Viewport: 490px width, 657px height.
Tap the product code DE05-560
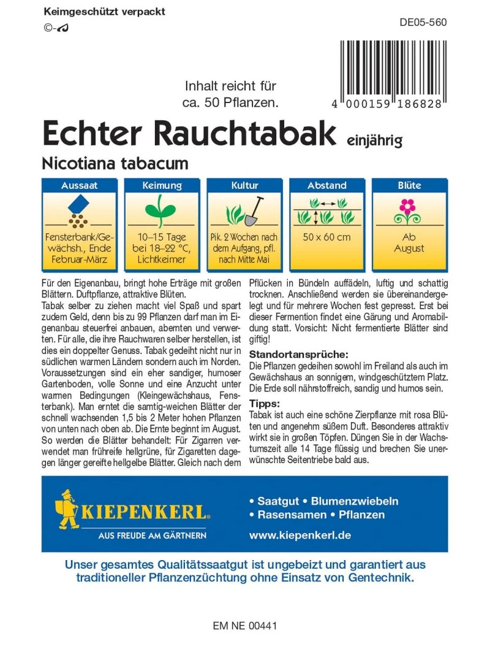[x=423, y=23]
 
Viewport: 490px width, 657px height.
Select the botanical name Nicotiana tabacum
[x=115, y=163]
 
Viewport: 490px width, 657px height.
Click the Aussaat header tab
[x=80, y=185]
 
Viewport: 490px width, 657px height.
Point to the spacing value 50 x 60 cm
[x=327, y=237]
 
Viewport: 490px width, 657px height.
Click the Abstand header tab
[x=327, y=185]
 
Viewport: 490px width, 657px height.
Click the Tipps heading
[x=265, y=403]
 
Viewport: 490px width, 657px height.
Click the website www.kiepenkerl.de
[x=300, y=535]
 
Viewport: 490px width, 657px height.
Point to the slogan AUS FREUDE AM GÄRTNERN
[x=153, y=536]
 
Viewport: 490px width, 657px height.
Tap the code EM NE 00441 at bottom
[x=245, y=626]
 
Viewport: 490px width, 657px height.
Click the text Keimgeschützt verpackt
[x=105, y=12]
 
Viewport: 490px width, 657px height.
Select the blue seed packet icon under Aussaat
[x=79, y=204]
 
